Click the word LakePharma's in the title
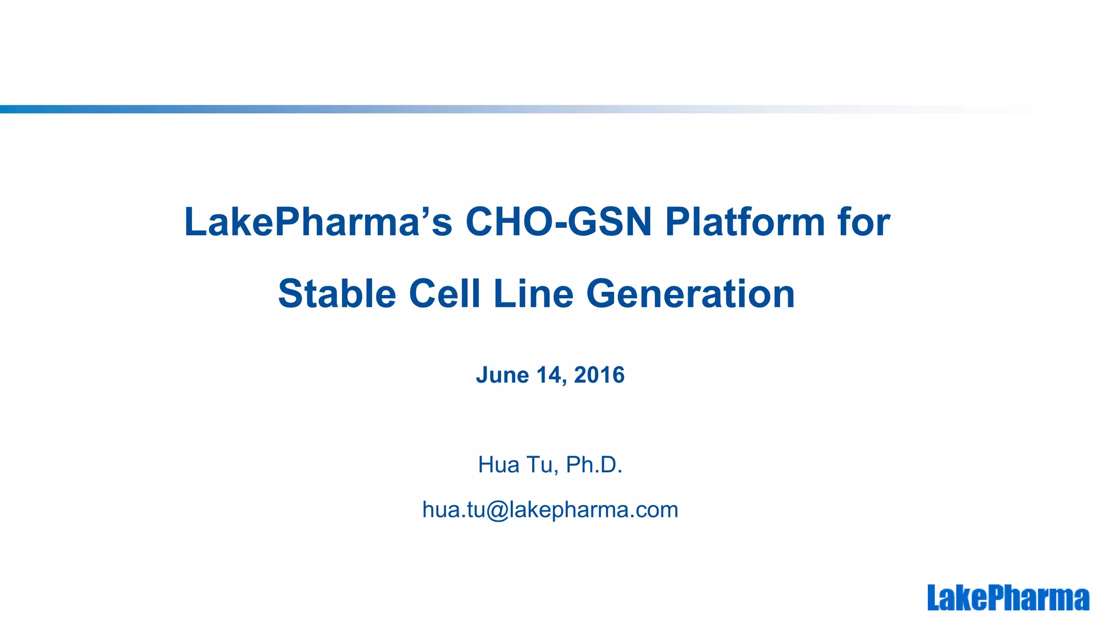point(318,222)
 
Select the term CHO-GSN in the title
point(558,222)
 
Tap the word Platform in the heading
point(745,222)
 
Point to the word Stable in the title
point(337,294)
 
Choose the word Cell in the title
point(444,294)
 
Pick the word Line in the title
point(533,294)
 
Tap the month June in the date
point(502,375)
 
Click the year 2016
point(599,375)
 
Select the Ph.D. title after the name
point(594,465)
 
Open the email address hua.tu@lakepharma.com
point(550,509)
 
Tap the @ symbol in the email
point(497,510)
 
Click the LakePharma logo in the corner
point(1008,598)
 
